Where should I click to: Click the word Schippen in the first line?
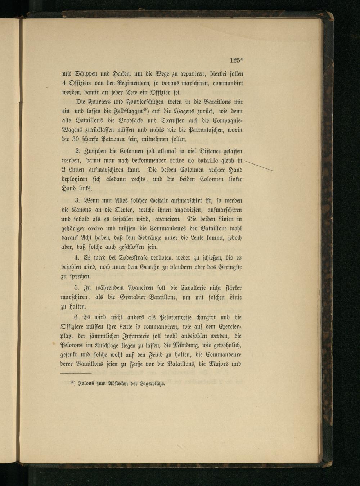tap(85, 74)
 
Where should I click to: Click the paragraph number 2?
tap(77, 151)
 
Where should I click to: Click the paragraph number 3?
tap(77, 201)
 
